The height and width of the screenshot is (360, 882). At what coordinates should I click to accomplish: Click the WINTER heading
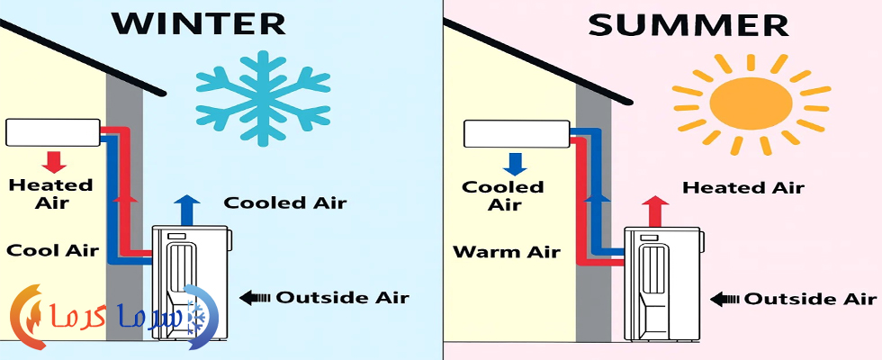click(x=198, y=23)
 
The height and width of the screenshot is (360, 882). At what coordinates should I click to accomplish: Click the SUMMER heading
click(x=688, y=25)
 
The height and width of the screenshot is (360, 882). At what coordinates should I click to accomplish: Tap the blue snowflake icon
click(x=263, y=98)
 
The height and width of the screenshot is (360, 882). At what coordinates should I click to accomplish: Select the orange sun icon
click(x=751, y=104)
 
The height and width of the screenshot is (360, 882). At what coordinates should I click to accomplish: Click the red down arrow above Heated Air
click(x=55, y=161)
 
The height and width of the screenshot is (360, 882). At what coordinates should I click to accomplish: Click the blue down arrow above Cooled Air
click(x=515, y=164)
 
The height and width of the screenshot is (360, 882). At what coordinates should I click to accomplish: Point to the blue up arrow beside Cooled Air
click(x=187, y=210)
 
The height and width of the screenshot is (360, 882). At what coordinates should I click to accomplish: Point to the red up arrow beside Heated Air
click(x=655, y=211)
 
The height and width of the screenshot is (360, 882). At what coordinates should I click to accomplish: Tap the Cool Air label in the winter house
click(x=52, y=250)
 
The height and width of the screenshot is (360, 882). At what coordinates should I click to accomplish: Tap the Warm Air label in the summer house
click(x=506, y=251)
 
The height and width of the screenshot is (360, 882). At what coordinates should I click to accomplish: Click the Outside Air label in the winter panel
click(x=342, y=297)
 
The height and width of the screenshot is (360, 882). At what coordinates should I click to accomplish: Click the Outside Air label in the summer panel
click(x=811, y=299)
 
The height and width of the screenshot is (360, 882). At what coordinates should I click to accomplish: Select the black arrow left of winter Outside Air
click(x=254, y=297)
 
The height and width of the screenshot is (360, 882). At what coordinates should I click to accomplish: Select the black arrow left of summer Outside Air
click(x=724, y=299)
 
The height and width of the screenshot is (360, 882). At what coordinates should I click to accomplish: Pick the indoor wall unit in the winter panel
click(x=53, y=133)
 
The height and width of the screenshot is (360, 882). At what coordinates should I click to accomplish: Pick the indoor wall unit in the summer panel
click(x=517, y=134)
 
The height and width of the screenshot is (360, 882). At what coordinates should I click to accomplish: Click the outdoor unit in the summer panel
click(x=662, y=283)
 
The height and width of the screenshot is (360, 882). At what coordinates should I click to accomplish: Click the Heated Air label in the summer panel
click(x=743, y=187)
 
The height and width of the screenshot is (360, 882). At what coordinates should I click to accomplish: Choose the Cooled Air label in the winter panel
click(x=284, y=202)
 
